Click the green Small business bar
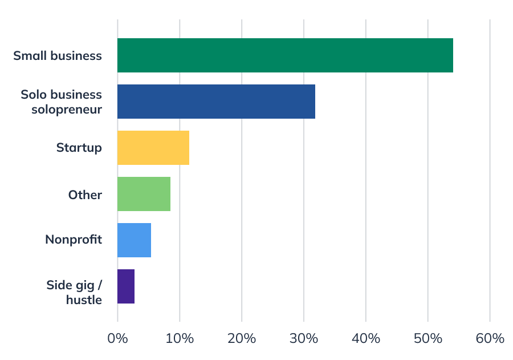(x=285, y=55)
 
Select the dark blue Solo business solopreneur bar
(x=216, y=102)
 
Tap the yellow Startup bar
(x=153, y=148)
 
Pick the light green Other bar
(x=144, y=194)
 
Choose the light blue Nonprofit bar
(x=134, y=240)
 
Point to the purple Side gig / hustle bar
(x=126, y=286)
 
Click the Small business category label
(x=58, y=56)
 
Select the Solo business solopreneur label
(x=61, y=102)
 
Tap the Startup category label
(x=79, y=148)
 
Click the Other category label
(x=85, y=195)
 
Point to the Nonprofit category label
(x=74, y=240)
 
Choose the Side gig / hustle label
(x=74, y=292)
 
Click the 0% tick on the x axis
(x=117, y=338)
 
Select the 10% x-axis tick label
(x=180, y=338)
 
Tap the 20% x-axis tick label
(x=242, y=338)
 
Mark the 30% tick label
(x=304, y=338)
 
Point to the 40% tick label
(x=366, y=338)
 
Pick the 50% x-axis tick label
(x=428, y=338)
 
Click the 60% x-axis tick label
(x=490, y=338)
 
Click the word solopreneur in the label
(x=67, y=109)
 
